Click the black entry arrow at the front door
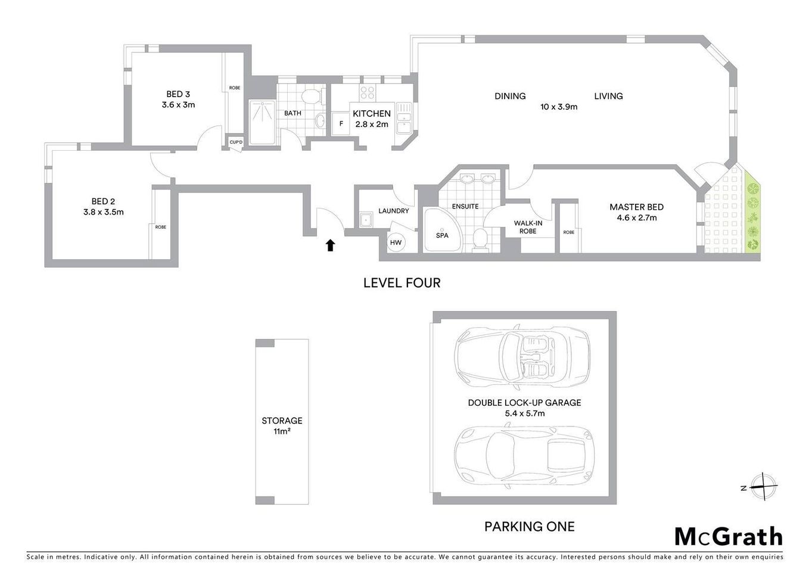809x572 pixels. click(330, 245)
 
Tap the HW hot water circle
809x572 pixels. click(396, 243)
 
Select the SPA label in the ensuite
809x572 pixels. click(442, 235)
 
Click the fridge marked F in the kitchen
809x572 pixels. click(341, 124)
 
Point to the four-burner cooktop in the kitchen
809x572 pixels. click(368, 92)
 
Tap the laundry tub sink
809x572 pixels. click(365, 220)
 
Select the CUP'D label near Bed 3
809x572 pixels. click(236, 142)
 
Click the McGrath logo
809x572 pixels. click(728, 536)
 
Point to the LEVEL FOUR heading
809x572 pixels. click(402, 283)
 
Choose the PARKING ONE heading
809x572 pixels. click(529, 527)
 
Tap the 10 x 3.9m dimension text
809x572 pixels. click(558, 107)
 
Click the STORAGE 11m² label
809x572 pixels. click(282, 425)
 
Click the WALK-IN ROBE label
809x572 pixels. click(528, 227)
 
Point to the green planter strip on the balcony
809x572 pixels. click(752, 217)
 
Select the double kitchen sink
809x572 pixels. click(404, 118)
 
